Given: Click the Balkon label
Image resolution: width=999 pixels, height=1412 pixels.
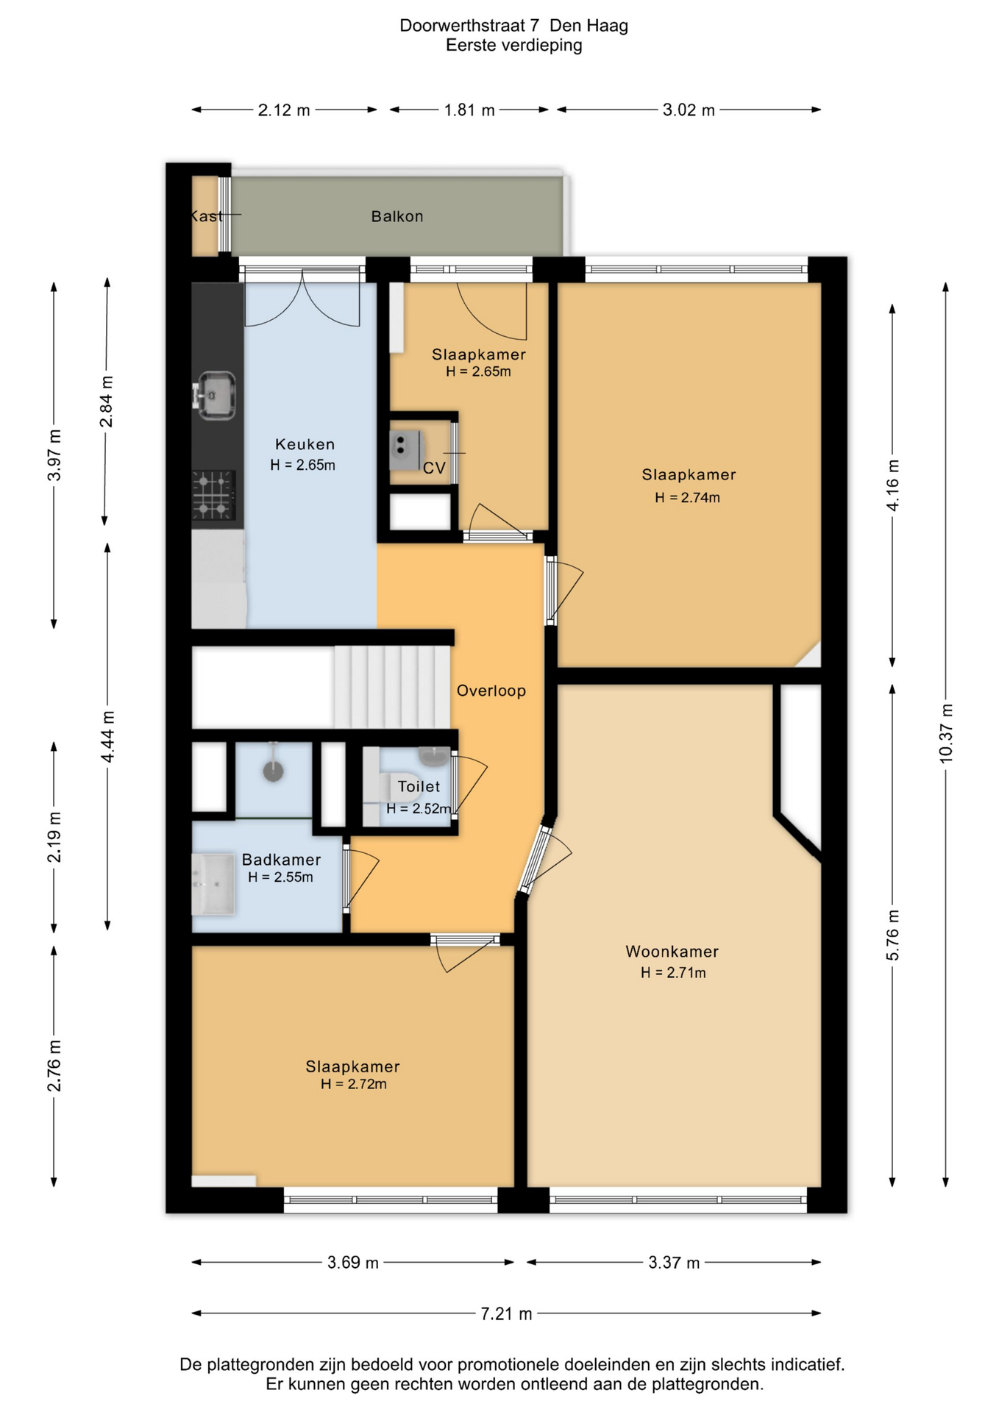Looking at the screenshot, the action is (397, 216).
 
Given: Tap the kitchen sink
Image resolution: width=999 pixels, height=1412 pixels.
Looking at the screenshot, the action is (215, 396).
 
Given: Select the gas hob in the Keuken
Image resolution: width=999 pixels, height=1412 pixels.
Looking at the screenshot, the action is (214, 495).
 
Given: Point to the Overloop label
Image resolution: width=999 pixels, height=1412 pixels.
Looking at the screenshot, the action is (491, 691).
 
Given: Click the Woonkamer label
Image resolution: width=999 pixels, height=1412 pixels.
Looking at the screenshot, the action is (672, 952).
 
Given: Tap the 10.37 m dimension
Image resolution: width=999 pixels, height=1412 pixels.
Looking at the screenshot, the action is (946, 733).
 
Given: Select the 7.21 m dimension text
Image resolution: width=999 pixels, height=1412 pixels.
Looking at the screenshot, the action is (506, 1313).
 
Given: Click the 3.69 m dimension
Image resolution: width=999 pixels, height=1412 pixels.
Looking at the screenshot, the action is (353, 1263).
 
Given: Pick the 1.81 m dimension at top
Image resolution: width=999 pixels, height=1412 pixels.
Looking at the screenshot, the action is (469, 110).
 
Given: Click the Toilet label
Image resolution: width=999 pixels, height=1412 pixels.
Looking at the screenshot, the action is (419, 787).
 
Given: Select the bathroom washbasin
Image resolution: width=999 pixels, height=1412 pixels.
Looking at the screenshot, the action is (213, 883).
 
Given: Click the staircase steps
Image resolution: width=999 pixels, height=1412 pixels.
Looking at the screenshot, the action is (392, 687).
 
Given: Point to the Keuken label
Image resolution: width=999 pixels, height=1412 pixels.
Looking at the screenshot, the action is (305, 444).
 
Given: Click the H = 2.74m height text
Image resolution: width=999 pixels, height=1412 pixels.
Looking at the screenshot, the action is (687, 498).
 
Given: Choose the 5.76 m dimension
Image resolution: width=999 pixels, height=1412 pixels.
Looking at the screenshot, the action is (892, 935).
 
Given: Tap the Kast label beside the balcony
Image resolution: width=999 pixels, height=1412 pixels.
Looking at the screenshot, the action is (206, 216).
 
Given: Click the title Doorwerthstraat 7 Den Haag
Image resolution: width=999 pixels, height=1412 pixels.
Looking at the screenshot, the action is (513, 26).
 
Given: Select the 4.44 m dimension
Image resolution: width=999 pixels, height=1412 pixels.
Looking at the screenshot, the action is (107, 737).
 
